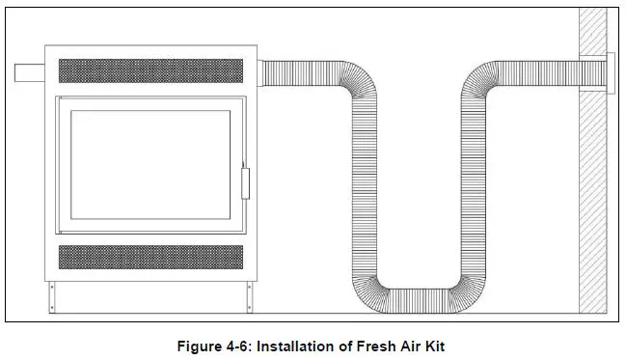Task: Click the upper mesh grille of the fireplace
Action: coord(150,70)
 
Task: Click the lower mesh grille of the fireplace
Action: coord(150,257)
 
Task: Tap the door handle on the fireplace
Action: coord(245,180)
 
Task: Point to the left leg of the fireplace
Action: coord(50,298)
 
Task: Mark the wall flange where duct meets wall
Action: coord(607,74)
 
